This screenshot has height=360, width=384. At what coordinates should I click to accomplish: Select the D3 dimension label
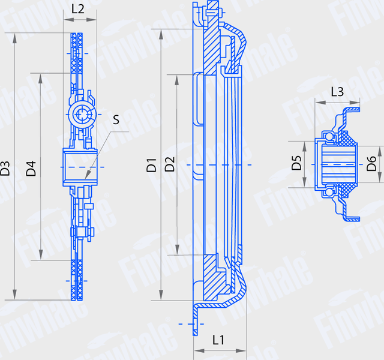click(x=5, y=167)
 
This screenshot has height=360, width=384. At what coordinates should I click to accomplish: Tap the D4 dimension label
click(x=32, y=167)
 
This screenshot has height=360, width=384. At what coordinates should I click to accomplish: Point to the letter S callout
click(x=116, y=120)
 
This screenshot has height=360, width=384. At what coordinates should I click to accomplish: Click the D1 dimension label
click(x=152, y=165)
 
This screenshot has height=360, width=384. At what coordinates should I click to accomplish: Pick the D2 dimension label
click(x=170, y=165)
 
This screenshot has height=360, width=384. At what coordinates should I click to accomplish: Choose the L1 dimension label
click(x=220, y=340)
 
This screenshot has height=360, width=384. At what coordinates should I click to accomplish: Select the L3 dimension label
click(x=337, y=92)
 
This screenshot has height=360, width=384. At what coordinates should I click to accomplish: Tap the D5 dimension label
click(x=296, y=163)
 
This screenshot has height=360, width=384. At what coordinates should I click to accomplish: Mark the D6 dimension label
click(x=371, y=163)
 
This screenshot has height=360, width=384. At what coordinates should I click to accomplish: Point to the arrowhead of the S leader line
click(x=86, y=178)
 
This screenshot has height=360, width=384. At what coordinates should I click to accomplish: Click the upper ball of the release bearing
click(x=329, y=136)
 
